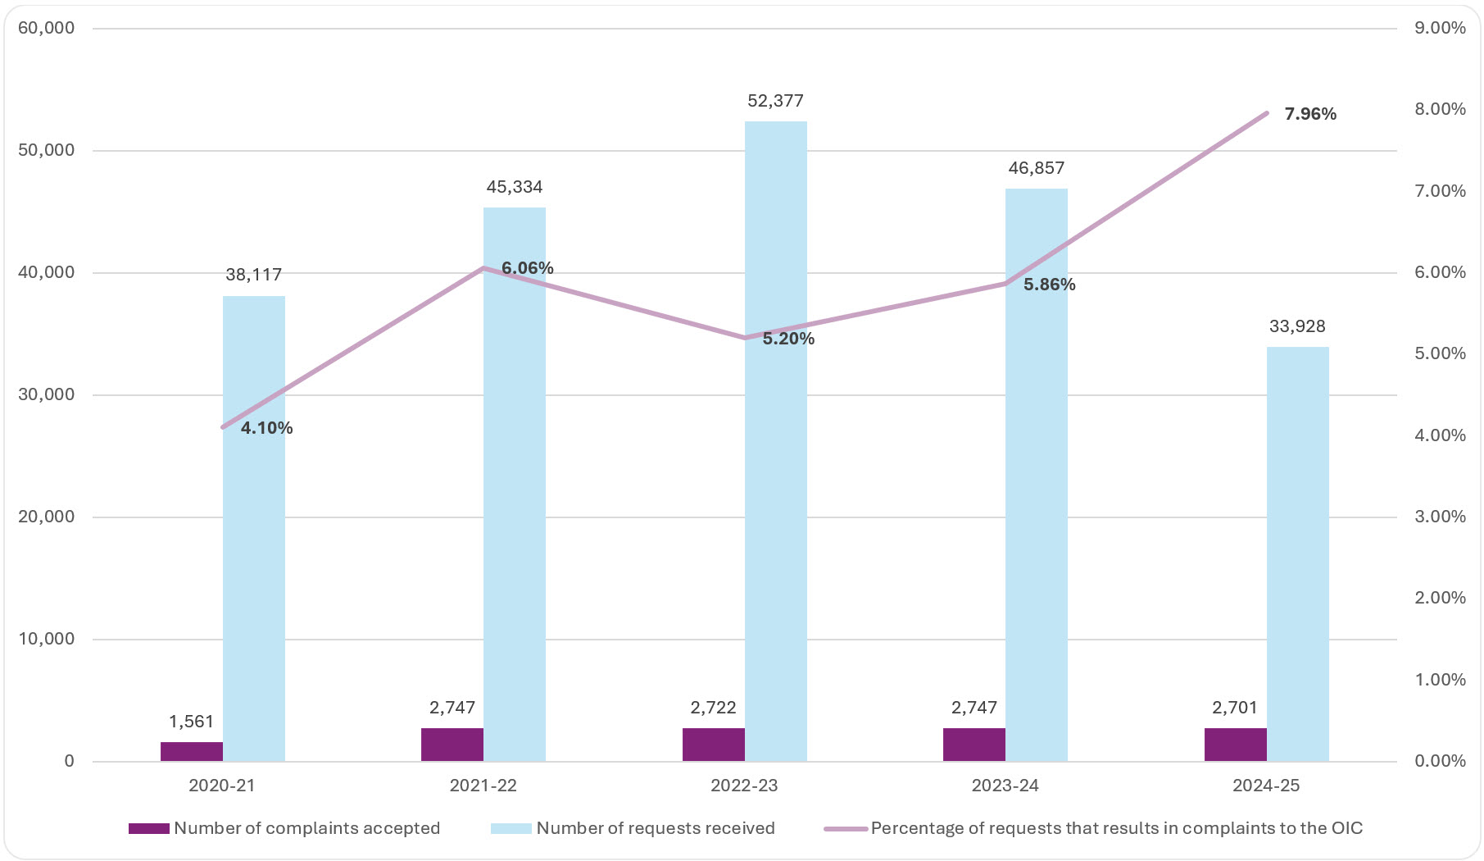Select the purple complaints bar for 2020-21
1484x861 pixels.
pos(191,751)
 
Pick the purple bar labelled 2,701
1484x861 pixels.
pos(1235,745)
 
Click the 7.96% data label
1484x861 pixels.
pos(1309,114)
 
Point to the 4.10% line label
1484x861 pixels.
pos(266,428)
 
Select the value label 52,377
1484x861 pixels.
pos(775,101)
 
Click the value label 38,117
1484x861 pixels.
pos(253,275)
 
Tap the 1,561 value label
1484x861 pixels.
pos(191,722)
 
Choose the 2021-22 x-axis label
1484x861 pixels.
pos(483,786)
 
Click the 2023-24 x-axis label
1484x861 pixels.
pos(1005,786)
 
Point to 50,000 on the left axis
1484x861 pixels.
pos(46,150)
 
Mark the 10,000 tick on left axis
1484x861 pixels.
pos(46,639)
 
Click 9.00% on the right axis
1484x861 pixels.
pos(1440,28)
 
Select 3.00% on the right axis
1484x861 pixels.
pos(1440,517)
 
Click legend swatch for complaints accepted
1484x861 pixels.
pos(148,828)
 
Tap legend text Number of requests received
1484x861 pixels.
pos(655,828)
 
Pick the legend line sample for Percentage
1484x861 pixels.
pos(845,828)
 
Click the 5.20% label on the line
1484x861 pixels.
pos(787,339)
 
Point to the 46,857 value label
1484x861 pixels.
pos(1036,168)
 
